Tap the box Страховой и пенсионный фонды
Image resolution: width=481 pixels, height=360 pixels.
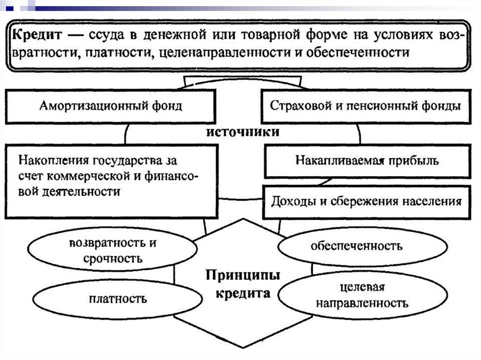(365, 107)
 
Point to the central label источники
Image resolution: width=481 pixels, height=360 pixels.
(243, 132)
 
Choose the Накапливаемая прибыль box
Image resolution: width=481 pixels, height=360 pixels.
(367, 161)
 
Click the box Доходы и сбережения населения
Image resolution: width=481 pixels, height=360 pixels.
(366, 202)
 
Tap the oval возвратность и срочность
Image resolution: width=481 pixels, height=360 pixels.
(112, 251)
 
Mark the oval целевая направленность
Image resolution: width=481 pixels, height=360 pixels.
(362, 294)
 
